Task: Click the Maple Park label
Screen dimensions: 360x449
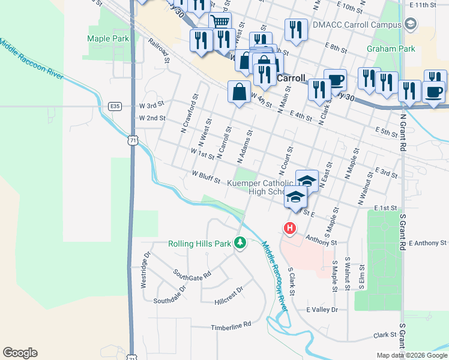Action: tap(108, 38)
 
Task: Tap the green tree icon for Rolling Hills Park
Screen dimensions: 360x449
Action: tap(240, 243)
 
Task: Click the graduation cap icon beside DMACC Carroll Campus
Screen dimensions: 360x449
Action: tap(411, 25)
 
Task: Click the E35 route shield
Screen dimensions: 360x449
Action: tap(115, 106)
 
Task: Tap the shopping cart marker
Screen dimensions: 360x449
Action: tap(220, 22)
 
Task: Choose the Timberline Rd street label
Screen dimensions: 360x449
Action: tap(231, 328)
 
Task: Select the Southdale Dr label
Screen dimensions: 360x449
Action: tap(172, 299)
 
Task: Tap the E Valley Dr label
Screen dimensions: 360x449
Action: tap(322, 310)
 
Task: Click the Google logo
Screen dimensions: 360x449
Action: tap(20, 353)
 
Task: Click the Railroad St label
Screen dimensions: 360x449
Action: tap(158, 52)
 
